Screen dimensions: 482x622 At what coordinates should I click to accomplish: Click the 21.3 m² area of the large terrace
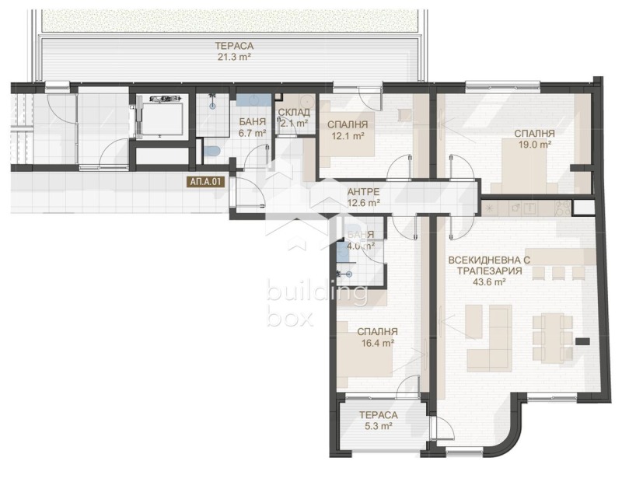235,56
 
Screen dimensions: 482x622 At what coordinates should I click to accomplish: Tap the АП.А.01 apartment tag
206,183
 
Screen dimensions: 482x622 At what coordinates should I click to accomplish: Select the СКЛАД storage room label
295,112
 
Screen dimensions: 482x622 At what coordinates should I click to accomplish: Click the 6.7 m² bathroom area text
252,133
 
